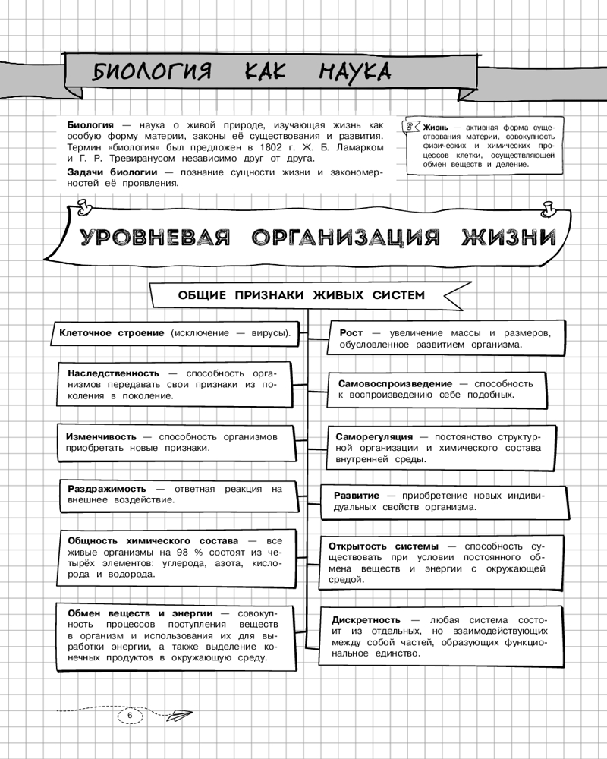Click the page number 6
[129, 715]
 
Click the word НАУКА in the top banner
[354, 72]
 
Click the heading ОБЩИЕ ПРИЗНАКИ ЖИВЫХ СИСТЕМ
[300, 294]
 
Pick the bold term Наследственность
[113, 373]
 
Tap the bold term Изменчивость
[100, 436]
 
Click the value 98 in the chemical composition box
[163, 552]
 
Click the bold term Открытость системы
[383, 546]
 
